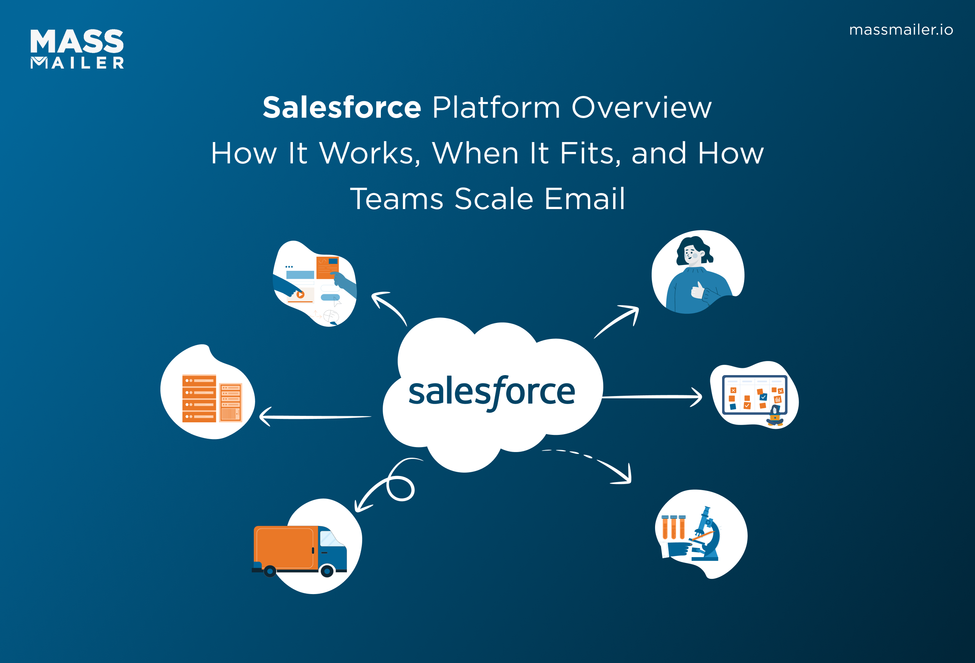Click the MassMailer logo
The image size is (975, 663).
pos(77,49)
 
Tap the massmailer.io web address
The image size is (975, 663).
pos(901,30)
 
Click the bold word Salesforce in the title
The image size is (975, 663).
pos(342,107)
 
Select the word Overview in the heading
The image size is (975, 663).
pos(641,107)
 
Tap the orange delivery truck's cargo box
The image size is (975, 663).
pos(285,547)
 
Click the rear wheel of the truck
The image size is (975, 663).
pos(270,571)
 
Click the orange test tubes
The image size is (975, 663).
pos(673,527)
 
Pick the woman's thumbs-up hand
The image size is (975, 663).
pos(698,290)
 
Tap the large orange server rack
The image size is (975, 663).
pos(199,398)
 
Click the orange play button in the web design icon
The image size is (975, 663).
pos(300,294)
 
